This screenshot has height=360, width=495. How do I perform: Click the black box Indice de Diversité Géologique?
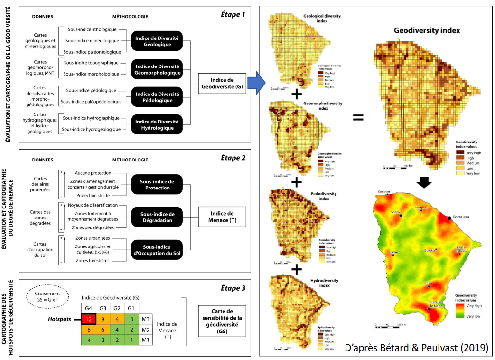pos(156,41)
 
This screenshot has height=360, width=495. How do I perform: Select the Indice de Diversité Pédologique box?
pos(157,96)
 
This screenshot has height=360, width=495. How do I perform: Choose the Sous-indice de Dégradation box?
pos(157,217)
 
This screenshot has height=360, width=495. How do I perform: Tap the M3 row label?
pos(146,319)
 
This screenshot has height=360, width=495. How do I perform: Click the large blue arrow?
pos(258,83)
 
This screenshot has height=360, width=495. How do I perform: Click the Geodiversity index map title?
pos(427,30)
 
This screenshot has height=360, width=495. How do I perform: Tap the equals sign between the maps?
pos(358,117)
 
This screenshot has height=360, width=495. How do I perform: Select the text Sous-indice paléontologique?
pos(92,52)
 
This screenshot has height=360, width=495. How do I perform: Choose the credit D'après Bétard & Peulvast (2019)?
pos(415,348)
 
